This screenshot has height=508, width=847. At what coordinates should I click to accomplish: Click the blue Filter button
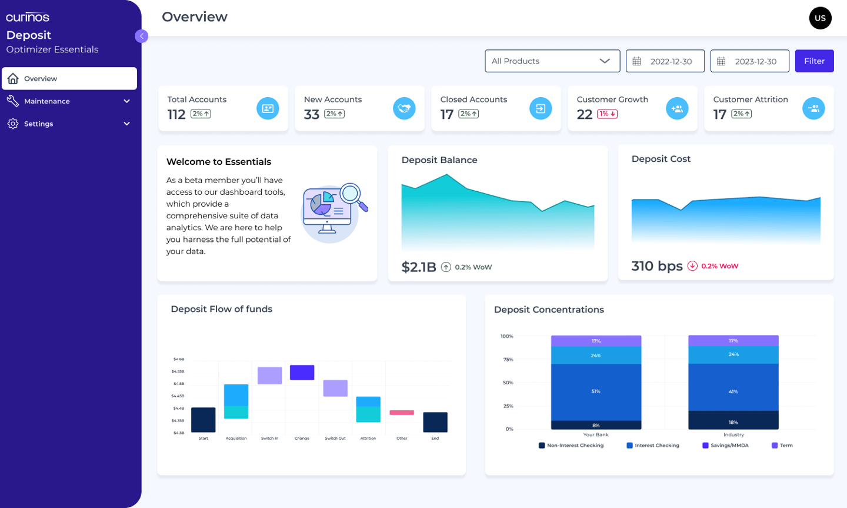click(814, 61)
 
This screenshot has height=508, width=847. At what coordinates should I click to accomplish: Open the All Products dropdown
click(552, 61)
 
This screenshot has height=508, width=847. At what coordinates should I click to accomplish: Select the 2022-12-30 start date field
click(665, 61)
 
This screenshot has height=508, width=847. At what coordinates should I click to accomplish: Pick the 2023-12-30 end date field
click(750, 61)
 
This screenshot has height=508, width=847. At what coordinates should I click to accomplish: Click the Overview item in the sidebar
click(69, 78)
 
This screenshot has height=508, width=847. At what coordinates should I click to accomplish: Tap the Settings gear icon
click(13, 124)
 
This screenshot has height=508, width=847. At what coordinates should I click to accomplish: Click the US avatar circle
click(820, 18)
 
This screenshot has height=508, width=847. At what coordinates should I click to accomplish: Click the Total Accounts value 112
click(176, 114)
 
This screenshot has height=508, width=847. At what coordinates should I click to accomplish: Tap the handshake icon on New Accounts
click(404, 108)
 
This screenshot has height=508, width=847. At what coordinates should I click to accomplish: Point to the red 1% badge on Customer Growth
click(607, 114)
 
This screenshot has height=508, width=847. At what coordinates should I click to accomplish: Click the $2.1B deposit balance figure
click(419, 267)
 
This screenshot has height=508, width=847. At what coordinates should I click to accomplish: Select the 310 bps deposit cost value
click(657, 266)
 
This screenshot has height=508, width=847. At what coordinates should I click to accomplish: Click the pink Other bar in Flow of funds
click(402, 413)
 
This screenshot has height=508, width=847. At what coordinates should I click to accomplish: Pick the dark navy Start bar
click(204, 420)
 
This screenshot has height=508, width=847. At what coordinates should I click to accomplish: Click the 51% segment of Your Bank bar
click(596, 391)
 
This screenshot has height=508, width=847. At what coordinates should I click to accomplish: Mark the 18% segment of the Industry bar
click(733, 420)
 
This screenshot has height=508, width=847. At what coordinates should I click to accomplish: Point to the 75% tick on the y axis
click(508, 360)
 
